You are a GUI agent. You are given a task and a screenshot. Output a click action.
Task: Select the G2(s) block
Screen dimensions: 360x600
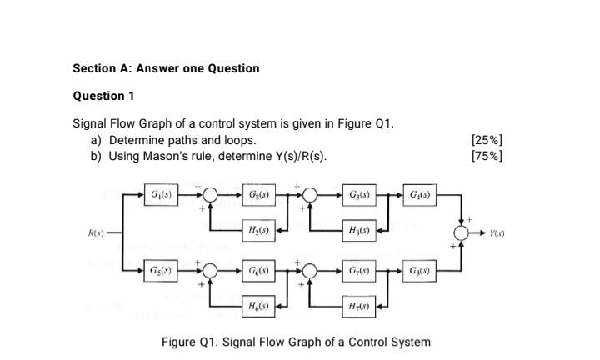(x=257, y=195)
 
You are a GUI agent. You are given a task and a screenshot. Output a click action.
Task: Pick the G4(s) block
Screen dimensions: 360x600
(x=418, y=195)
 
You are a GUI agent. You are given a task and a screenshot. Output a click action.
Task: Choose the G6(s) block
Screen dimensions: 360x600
(x=257, y=271)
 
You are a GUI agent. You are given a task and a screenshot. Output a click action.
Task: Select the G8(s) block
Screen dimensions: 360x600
(x=418, y=271)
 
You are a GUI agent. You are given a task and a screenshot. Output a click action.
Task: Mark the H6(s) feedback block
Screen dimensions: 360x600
(x=257, y=307)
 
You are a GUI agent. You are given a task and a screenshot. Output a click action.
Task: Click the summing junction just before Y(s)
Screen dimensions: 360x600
(x=461, y=232)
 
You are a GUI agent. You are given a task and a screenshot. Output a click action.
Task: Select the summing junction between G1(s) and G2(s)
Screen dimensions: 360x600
(x=210, y=195)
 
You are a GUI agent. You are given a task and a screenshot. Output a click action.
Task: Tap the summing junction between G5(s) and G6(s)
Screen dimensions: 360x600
(x=210, y=271)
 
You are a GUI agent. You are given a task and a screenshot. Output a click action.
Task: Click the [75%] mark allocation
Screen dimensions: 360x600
(x=487, y=156)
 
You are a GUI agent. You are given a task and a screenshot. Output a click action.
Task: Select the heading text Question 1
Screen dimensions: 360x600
(x=104, y=96)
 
